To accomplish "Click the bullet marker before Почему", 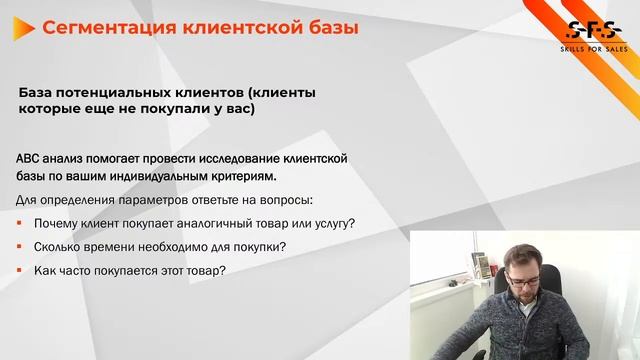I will [20, 223].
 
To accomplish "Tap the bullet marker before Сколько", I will [20, 247].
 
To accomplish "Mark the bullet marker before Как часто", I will [20, 271].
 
